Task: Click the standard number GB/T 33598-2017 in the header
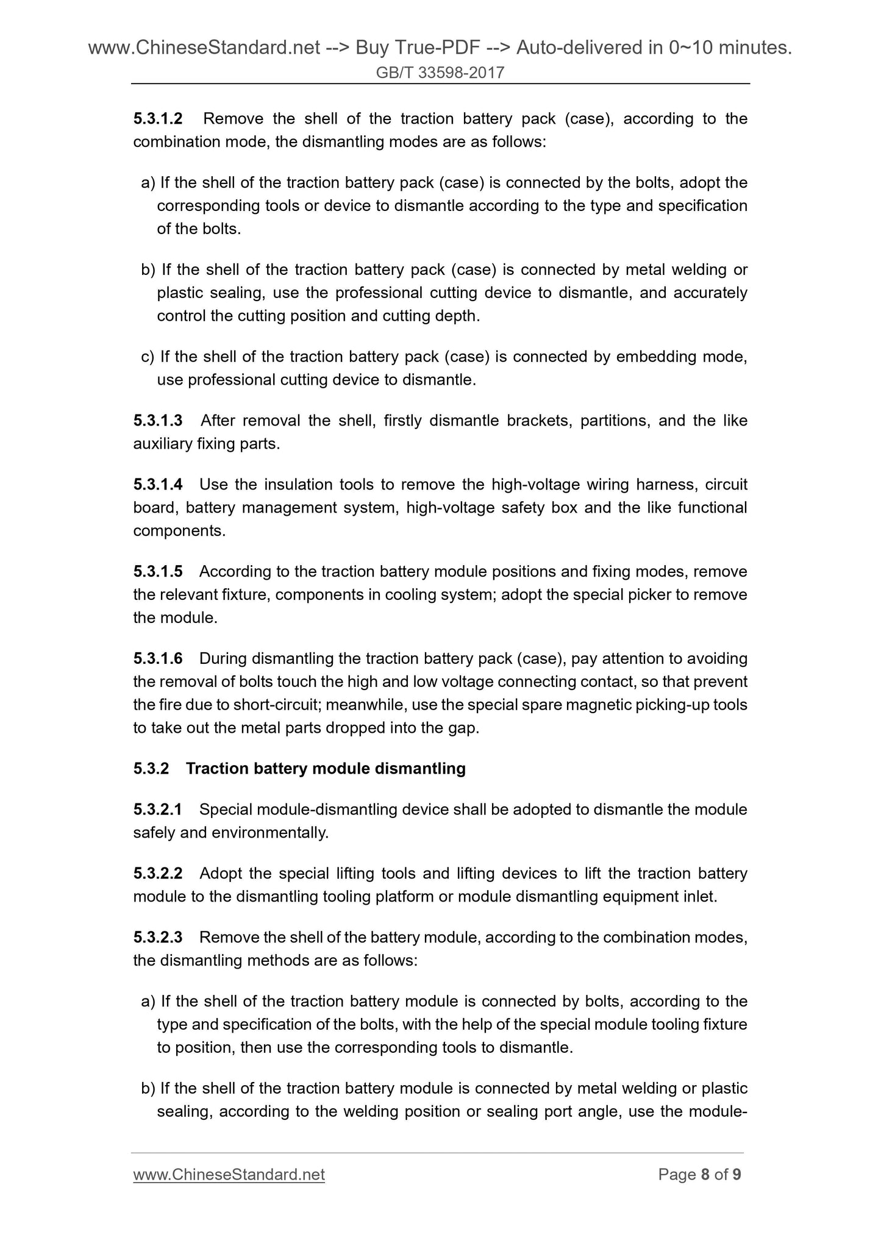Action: point(440,73)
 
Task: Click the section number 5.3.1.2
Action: point(158,118)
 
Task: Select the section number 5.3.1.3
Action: point(158,421)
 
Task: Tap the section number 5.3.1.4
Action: point(158,485)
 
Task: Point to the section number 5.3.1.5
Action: point(158,572)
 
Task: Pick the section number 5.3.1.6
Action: point(158,659)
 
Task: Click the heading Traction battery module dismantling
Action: point(326,769)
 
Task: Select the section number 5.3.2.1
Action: point(158,810)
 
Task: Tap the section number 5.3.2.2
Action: point(158,874)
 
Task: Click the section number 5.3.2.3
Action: point(158,938)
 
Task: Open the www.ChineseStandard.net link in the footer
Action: point(229,1175)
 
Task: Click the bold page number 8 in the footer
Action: point(705,1175)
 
